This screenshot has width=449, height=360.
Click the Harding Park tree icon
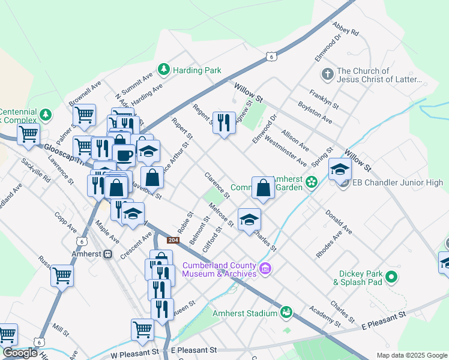(x=163, y=70)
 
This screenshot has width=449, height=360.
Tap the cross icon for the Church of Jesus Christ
(x=327, y=74)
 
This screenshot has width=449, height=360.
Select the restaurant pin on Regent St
(x=224, y=124)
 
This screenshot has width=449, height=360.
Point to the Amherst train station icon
(x=108, y=254)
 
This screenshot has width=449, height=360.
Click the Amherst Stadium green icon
(x=287, y=312)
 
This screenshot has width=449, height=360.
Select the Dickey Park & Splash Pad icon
(x=392, y=277)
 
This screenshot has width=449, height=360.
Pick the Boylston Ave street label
(x=319, y=115)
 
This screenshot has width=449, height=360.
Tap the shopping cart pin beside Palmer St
(x=85, y=113)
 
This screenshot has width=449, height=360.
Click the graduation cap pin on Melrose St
(x=249, y=219)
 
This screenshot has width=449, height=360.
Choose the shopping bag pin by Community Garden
(x=263, y=188)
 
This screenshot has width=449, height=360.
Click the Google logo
(x=20, y=353)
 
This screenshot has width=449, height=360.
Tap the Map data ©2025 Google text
(x=411, y=355)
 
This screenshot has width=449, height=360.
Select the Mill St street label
(x=61, y=331)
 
